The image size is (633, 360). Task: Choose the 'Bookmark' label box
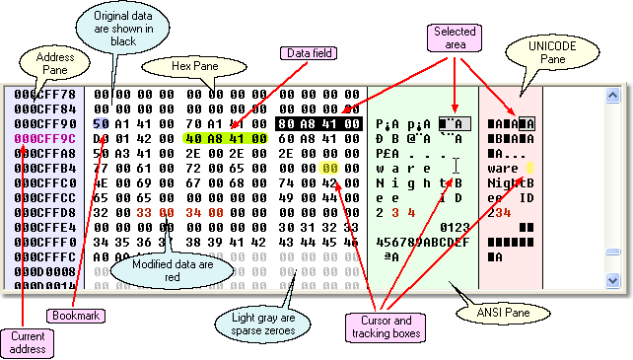tap(76, 315)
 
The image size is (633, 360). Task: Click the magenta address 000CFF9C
tap(39, 139)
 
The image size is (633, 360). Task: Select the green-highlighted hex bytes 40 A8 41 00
tap(226, 139)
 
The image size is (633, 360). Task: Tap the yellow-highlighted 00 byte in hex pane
tap(330, 169)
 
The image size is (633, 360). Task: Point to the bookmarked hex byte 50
tap(101, 124)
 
